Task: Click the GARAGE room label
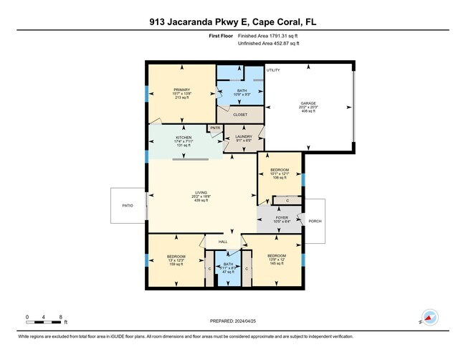coord(308,103)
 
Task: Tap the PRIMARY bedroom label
coord(181,89)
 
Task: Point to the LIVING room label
coord(201,192)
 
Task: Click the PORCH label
coord(315,221)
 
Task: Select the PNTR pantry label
coord(215,128)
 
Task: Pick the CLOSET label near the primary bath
coord(240,114)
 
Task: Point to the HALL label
coord(223,242)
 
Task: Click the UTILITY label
coord(273,70)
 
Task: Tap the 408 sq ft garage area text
coord(308,112)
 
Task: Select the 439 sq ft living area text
coord(201,201)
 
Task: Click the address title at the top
coord(232,22)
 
